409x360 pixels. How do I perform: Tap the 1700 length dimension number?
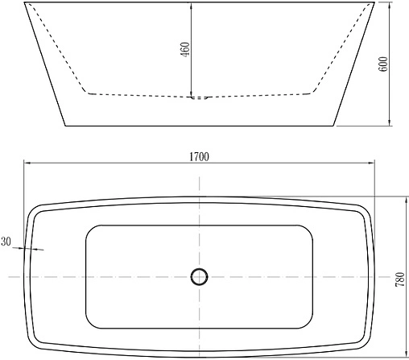point(200,156)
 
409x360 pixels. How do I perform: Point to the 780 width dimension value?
point(399,279)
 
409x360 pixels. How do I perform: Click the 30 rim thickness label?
point(6,241)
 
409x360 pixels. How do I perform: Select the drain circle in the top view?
point(199,277)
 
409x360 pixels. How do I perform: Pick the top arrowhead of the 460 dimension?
point(191,6)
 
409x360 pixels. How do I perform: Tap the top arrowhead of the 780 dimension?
point(393,199)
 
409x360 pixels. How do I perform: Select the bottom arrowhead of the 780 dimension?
point(393,355)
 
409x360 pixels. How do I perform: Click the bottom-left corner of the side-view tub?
point(64,126)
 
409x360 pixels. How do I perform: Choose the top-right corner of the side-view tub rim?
point(375,2)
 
